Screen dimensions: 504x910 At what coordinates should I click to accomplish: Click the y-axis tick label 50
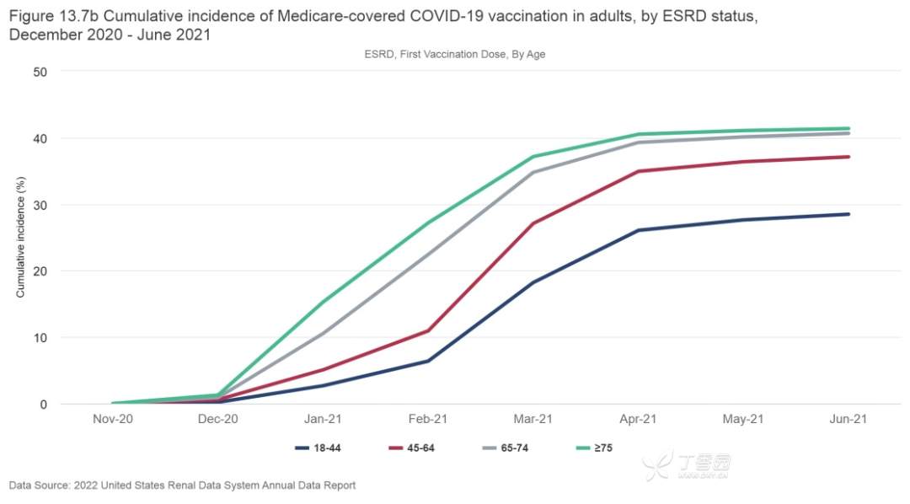coord(40,72)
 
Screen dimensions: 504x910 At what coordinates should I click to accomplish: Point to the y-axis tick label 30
coord(40,205)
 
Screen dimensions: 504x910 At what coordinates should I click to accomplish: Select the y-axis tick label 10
coord(40,338)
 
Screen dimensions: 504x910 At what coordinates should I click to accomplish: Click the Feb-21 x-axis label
coord(427,419)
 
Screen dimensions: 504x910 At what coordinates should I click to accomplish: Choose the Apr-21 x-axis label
coord(638,419)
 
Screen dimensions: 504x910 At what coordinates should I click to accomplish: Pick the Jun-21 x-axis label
coord(848,419)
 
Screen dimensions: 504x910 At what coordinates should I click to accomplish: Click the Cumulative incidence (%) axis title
coord(21,238)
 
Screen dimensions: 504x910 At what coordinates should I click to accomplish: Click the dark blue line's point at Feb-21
coord(428,361)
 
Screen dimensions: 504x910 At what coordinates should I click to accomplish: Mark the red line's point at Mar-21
coord(533,223)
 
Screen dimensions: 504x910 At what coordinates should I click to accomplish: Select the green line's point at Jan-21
coord(323,302)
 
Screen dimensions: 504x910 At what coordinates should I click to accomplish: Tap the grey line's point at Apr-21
coord(638,142)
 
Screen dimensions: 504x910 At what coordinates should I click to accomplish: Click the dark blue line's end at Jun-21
coord(848,214)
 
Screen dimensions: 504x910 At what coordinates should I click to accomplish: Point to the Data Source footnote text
coord(182,485)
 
